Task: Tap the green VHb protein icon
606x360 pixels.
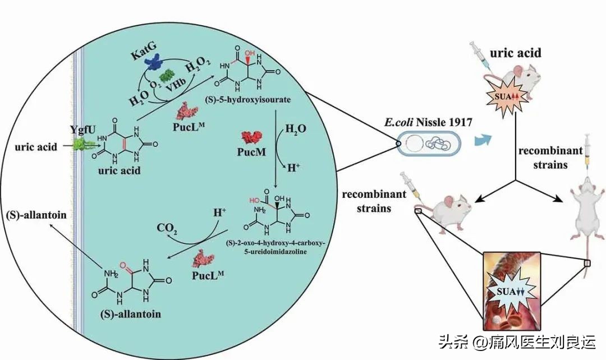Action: [167, 76]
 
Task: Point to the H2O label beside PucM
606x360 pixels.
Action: [296, 130]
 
